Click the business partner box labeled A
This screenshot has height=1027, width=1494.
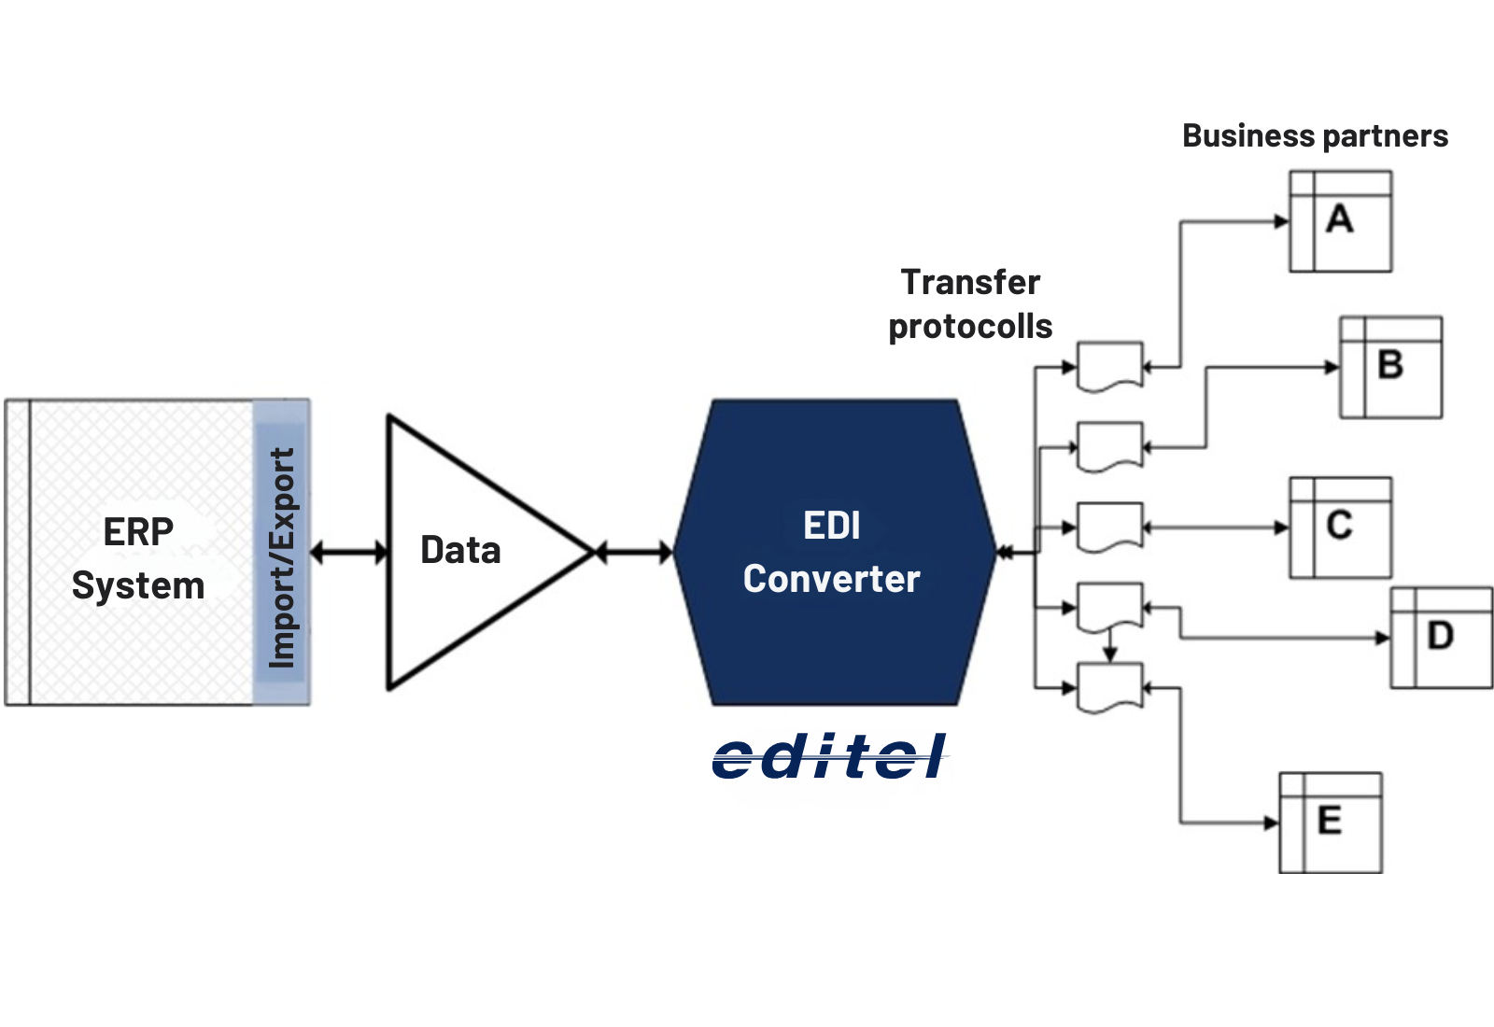[1340, 221]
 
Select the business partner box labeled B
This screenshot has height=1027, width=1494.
[1390, 367]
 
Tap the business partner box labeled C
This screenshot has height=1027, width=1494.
[1340, 528]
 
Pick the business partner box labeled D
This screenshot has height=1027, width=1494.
[1441, 638]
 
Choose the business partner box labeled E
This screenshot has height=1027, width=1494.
[1330, 823]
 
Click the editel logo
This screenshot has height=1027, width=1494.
[829, 756]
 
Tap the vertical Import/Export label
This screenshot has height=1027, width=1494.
[281, 557]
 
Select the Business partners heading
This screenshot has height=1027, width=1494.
[1315, 136]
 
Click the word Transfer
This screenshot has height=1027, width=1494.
[970, 282]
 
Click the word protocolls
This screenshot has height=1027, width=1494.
[970, 327]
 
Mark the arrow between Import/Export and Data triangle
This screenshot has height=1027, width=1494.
[348, 553]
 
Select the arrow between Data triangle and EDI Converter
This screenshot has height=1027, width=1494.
[633, 553]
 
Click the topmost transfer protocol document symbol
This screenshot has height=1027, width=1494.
[1109, 366]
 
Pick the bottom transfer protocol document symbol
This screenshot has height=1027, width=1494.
[1109, 688]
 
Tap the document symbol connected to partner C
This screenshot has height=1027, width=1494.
[1109, 528]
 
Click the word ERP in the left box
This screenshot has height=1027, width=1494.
[138, 532]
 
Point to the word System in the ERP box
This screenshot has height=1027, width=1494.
[138, 586]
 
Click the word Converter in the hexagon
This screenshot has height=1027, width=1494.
[832, 579]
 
